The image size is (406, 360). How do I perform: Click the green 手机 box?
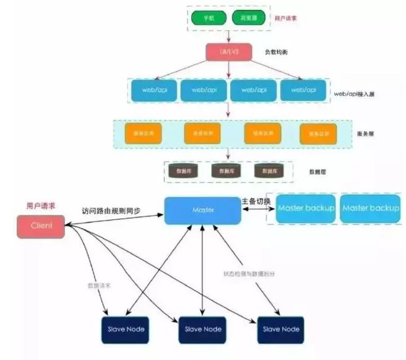coord(208,18)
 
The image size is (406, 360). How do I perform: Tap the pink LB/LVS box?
coord(228,53)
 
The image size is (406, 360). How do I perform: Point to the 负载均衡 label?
coord(277,52)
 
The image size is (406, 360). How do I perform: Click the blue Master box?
coord(202,211)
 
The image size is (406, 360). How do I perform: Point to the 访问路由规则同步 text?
coord(111,210)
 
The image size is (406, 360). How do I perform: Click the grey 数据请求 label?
coord(98,286)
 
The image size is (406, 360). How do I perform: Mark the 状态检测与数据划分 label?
coord(244,273)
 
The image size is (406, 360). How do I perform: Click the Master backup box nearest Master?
coord(306,208)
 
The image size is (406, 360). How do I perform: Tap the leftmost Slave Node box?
coord(124,328)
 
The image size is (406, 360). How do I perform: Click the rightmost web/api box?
coord(303,90)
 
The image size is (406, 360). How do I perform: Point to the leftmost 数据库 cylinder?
coord(184,170)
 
